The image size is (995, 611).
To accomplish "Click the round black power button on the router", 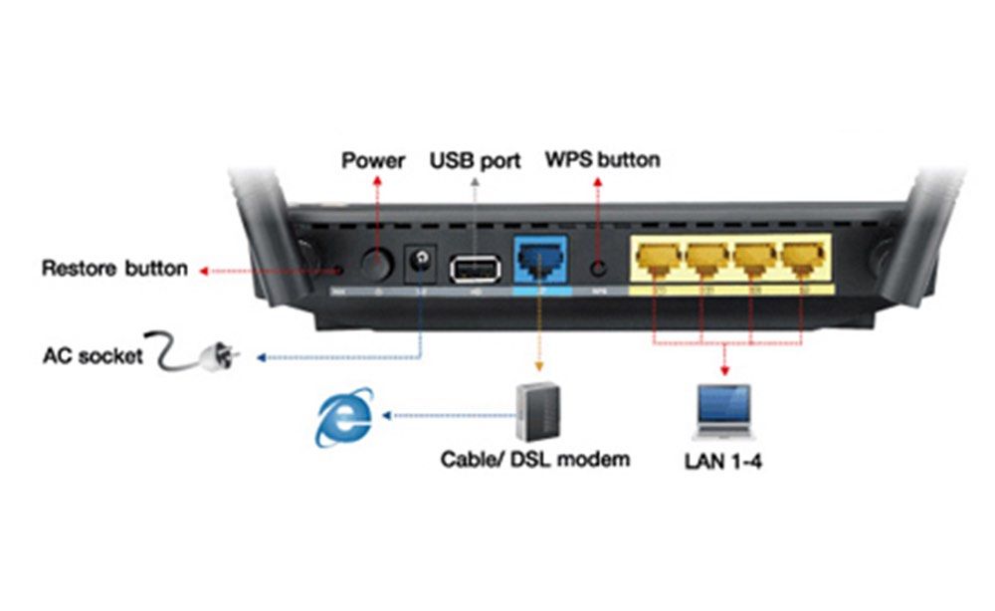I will (x=376, y=265).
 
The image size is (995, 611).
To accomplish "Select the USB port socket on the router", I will (x=473, y=267).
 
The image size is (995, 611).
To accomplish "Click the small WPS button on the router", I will (x=598, y=267).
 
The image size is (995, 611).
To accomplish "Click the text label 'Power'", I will (x=373, y=159).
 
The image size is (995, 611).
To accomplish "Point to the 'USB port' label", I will (x=475, y=159).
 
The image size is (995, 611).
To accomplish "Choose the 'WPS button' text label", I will (x=602, y=159).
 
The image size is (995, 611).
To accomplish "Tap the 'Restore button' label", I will (x=113, y=269).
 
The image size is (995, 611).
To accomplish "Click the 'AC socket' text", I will (x=92, y=355).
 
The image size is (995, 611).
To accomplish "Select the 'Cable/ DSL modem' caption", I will (x=535, y=460).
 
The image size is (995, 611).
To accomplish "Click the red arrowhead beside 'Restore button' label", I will (x=202, y=269).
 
